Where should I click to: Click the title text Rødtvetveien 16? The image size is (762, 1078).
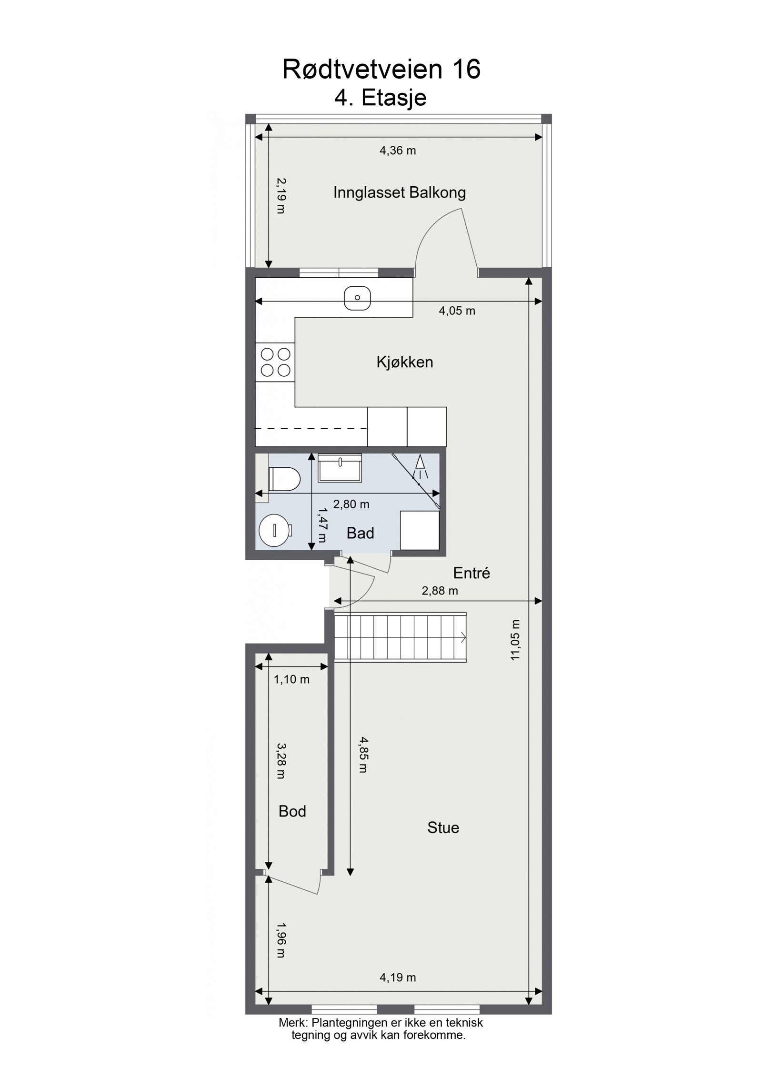point(381,70)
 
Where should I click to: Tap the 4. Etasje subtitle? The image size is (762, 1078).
point(380,98)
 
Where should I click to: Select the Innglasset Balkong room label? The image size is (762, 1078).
point(399,193)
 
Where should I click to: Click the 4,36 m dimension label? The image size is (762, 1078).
point(397,151)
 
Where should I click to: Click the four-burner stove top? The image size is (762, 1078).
point(275,362)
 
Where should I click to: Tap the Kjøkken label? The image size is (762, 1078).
point(404,363)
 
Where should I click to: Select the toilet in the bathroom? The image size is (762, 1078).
point(284,478)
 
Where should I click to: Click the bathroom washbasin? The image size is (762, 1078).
point(340,468)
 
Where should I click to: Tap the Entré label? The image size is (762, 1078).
point(471,573)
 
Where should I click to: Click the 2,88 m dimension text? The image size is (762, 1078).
point(440,591)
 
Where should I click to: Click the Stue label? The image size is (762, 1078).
point(443,827)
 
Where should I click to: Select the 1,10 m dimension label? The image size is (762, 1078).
point(291,680)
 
